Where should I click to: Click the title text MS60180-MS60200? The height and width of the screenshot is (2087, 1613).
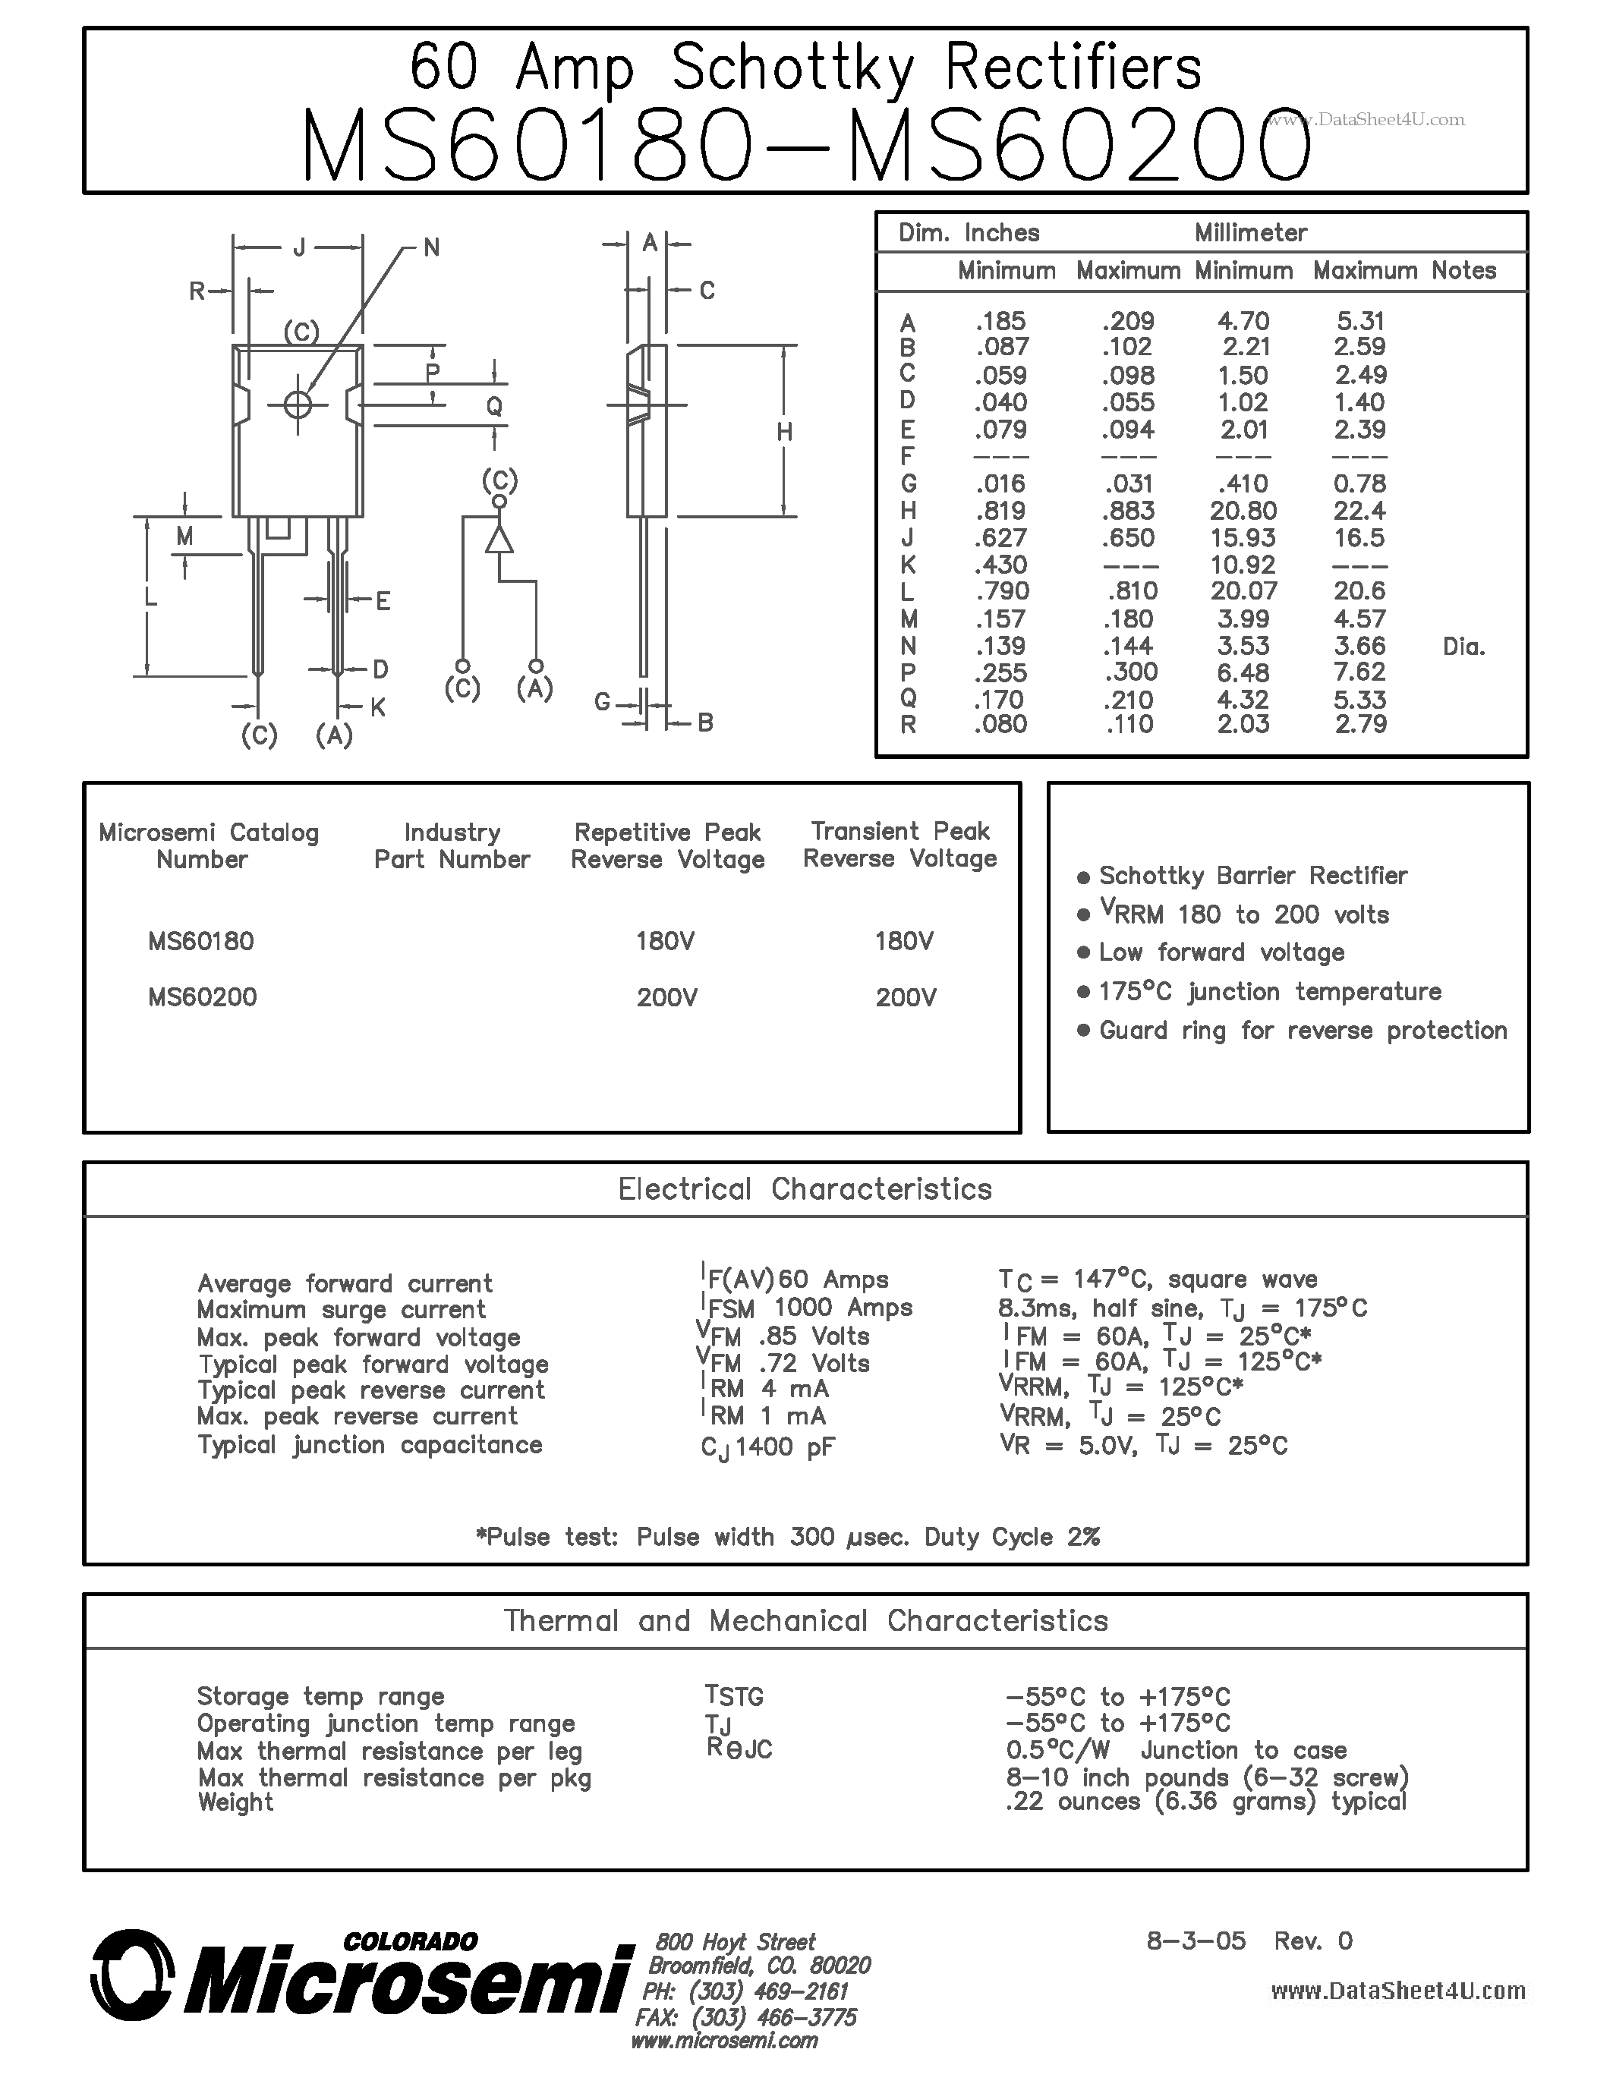805,145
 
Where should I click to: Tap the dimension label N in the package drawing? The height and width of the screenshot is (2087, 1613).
431,247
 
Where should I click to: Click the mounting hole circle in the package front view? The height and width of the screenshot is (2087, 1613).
298,405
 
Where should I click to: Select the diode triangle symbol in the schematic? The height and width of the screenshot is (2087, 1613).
499,540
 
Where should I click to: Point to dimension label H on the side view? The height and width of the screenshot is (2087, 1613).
785,432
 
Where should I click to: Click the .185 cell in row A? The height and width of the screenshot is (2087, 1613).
1000,321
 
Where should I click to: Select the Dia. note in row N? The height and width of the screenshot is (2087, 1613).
1463,647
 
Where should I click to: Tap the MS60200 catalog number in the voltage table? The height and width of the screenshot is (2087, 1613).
202,996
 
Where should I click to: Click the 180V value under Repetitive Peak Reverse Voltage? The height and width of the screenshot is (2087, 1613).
665,941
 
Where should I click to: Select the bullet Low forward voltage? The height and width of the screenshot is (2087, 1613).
1221,952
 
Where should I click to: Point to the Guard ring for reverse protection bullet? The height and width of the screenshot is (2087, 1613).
1303,1030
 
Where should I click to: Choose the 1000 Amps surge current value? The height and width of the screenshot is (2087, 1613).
842,1308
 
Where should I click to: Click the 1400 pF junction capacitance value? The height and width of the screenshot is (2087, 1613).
783,1446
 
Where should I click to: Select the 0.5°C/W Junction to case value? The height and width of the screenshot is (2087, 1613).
1175,1750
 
